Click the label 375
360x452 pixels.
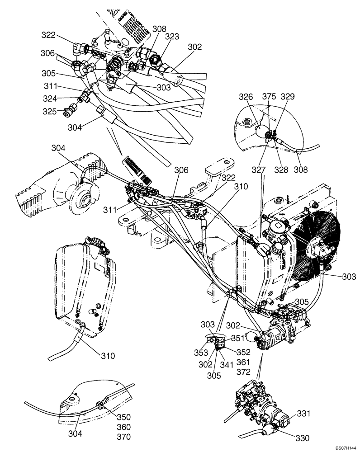(x=269, y=96)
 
